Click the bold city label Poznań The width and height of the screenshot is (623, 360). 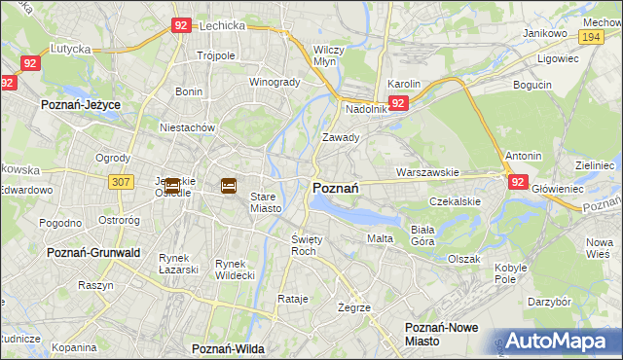click(x=337, y=188)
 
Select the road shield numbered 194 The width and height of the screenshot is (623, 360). click(x=590, y=36)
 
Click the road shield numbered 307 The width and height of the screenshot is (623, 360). click(x=121, y=181)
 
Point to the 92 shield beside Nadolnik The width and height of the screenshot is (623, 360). click(x=397, y=102)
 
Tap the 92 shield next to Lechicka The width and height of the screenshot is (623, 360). click(x=180, y=27)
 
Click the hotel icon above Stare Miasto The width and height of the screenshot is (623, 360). click(x=229, y=185)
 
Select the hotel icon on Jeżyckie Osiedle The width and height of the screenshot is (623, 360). click(x=172, y=185)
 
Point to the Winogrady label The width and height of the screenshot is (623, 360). click(x=275, y=82)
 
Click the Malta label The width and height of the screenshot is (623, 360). click(x=379, y=238)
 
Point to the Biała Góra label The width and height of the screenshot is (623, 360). click(x=422, y=234)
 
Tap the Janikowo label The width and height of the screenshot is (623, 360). click(x=545, y=33)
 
